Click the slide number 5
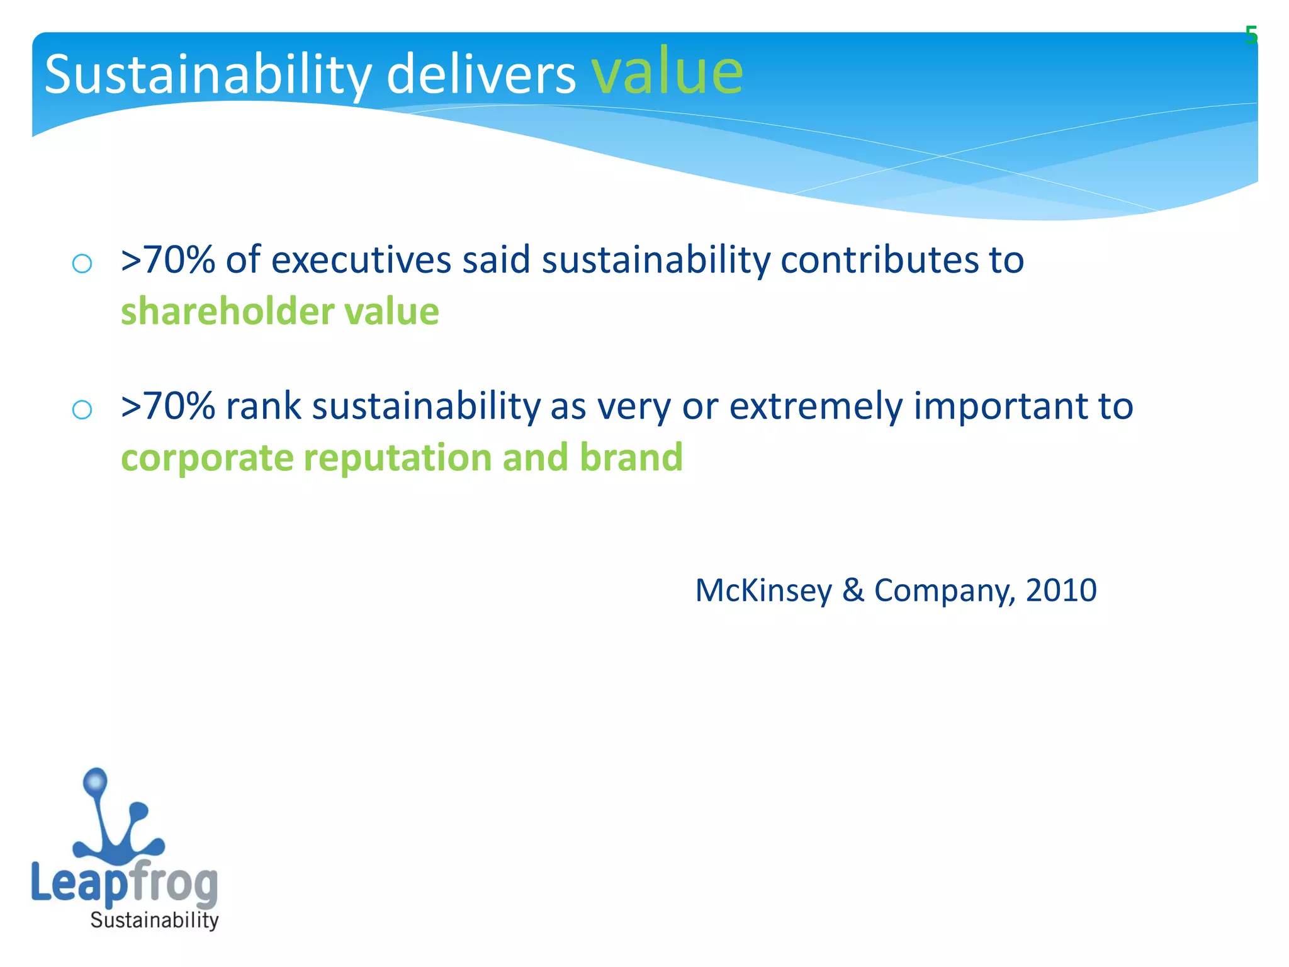click(1251, 36)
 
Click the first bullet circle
click(82, 263)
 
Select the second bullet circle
click(82, 410)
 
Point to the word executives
click(361, 260)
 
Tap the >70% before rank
click(168, 406)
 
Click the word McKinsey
click(763, 591)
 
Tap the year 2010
click(1061, 591)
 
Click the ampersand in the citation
click(853, 591)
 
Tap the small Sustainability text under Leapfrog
click(154, 920)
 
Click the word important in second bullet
click(1001, 406)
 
